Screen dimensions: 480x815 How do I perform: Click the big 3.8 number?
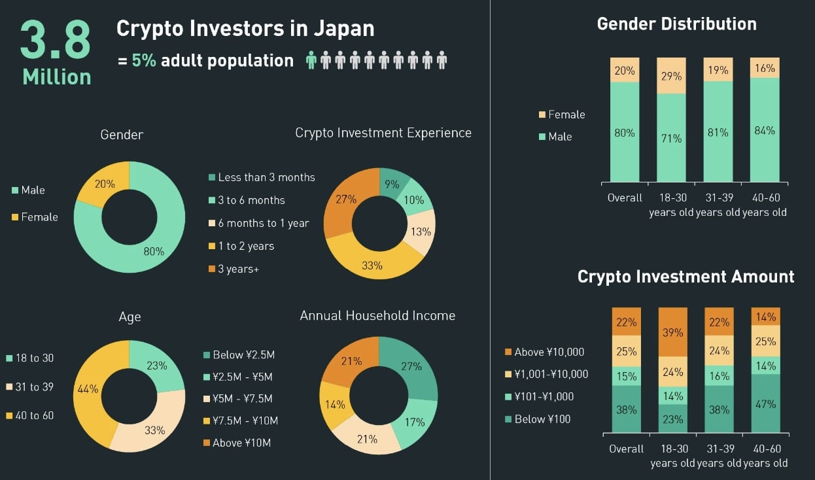(56, 41)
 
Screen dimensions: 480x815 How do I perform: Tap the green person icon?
(311, 61)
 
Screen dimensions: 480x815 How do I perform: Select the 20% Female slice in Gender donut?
(105, 185)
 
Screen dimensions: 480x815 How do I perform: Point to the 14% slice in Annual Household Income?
(335, 404)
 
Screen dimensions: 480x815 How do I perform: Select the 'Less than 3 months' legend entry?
(261, 177)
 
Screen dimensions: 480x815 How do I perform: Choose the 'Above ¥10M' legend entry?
(236, 443)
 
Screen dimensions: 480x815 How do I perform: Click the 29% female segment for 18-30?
(671, 76)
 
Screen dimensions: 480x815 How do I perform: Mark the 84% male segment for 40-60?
(764, 130)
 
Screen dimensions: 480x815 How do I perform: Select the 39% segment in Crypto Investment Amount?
(673, 332)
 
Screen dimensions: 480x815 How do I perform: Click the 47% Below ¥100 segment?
(765, 403)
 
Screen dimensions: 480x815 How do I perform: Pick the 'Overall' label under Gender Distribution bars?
(625, 197)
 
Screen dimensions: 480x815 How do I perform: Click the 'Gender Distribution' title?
(676, 24)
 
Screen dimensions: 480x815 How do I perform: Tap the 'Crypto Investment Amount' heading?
(685, 277)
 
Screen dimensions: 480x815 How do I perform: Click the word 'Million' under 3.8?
(57, 77)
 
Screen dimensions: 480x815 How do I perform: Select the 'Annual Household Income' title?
(377, 315)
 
